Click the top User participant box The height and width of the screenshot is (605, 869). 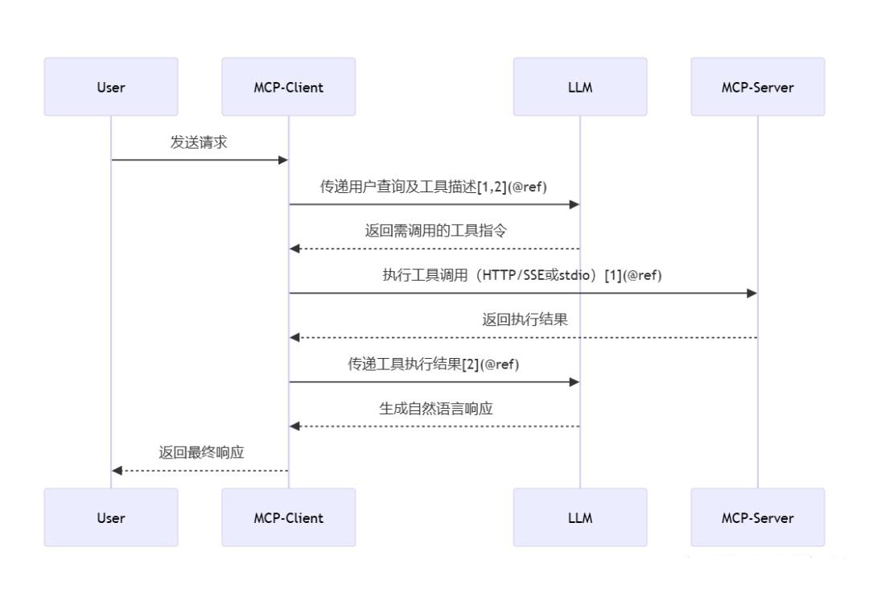111,86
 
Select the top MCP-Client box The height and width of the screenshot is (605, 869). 288,86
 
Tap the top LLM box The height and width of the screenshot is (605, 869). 579,86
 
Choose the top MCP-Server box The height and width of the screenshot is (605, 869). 758,86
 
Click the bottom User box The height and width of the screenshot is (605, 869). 111,517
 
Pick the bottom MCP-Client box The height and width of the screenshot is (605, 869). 288,517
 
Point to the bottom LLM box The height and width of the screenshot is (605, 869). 579,517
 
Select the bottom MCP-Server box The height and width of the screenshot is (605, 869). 758,517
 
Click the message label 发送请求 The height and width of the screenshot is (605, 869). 199,142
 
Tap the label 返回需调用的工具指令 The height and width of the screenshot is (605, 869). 435,230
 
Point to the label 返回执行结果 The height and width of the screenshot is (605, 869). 525,319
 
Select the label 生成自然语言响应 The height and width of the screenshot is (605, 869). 435,409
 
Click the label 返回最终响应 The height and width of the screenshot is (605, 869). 201,453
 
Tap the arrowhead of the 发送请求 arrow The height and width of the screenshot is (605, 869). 282,160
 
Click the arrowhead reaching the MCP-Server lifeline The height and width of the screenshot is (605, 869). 752,293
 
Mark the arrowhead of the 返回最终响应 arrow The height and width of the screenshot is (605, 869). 117,471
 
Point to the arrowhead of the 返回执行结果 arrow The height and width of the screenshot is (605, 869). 294,337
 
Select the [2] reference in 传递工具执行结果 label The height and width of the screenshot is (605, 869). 471,364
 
